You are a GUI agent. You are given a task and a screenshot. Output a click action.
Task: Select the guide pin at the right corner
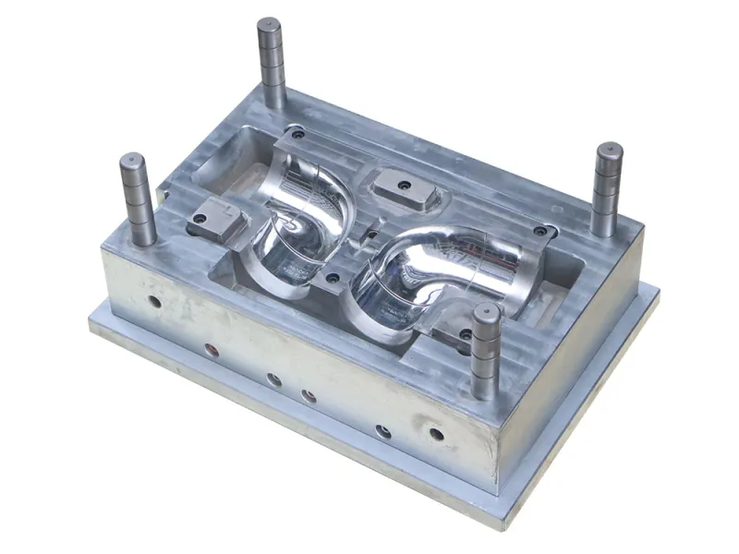pos(608,188)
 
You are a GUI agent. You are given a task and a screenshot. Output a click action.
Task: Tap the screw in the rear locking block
pos(404,186)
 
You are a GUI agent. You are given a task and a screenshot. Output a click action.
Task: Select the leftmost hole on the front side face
pos(153,302)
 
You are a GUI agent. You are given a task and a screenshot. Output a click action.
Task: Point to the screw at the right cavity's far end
pos(539,231)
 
